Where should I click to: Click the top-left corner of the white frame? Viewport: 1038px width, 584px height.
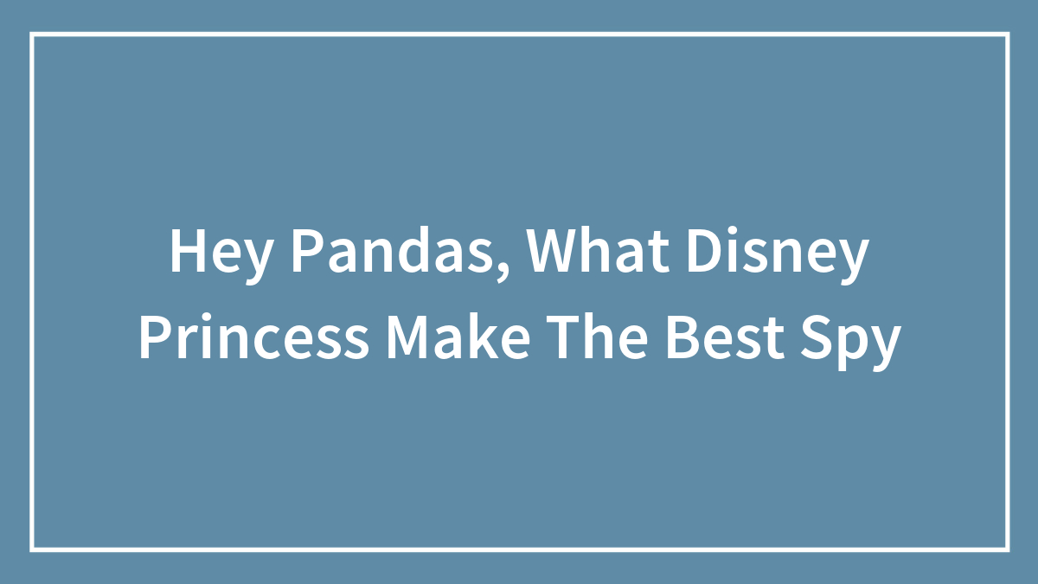32,35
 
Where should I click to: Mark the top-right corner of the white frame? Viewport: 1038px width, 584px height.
1007,35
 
